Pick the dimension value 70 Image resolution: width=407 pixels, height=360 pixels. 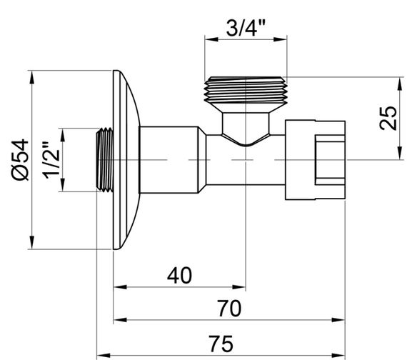pyautogui.click(x=228, y=308)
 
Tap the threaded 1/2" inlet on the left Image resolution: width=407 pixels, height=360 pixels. pyautogui.click(x=104, y=160)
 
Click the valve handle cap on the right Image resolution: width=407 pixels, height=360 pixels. pyautogui.click(x=315, y=160)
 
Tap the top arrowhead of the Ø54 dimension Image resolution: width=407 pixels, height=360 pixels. pyautogui.click(x=32, y=75)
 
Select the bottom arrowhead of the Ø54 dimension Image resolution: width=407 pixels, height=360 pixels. pyautogui.click(x=32, y=244)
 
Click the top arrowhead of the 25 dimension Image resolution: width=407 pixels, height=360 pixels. pyautogui.click(x=397, y=80)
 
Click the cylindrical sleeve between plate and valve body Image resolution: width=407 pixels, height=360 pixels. pyautogui.click(x=171, y=160)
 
